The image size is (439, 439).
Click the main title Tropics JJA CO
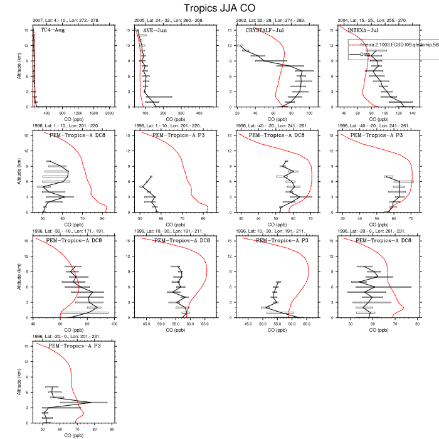pos(219,8)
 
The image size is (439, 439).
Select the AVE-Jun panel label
pos(154,30)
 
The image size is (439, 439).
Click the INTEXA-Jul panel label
pos(362,30)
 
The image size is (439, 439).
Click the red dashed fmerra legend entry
pos(389,45)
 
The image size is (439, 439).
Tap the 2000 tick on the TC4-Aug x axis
pos(109,114)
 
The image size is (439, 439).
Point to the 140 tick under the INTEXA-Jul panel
pos(412,114)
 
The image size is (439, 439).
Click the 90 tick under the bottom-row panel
pos(112,430)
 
